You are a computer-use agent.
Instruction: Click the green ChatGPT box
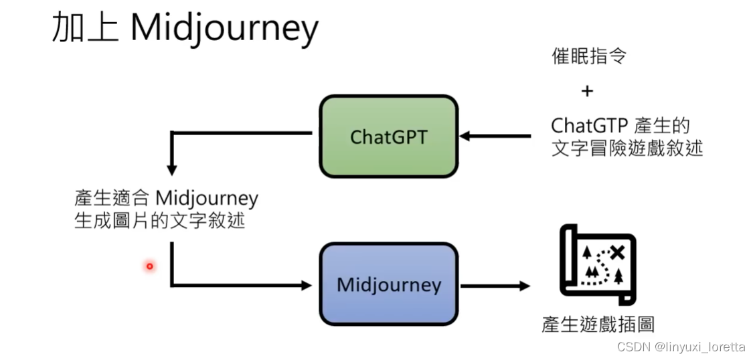tap(388, 137)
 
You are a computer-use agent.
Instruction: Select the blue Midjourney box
tap(388, 284)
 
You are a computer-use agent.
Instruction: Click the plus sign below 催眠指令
tap(587, 91)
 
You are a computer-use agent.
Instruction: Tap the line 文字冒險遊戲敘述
tap(627, 147)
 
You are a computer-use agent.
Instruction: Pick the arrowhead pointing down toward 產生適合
tap(172, 170)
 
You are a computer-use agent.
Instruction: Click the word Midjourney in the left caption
tap(206, 199)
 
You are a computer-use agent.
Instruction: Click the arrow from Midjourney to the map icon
tap(495, 286)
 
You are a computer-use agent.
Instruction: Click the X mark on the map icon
tap(617, 252)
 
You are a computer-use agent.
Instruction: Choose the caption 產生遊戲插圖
tap(598, 325)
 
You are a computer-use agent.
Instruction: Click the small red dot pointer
tap(150, 266)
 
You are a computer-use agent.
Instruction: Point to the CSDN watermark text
tap(629, 347)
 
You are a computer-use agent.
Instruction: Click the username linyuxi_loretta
tap(700, 347)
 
